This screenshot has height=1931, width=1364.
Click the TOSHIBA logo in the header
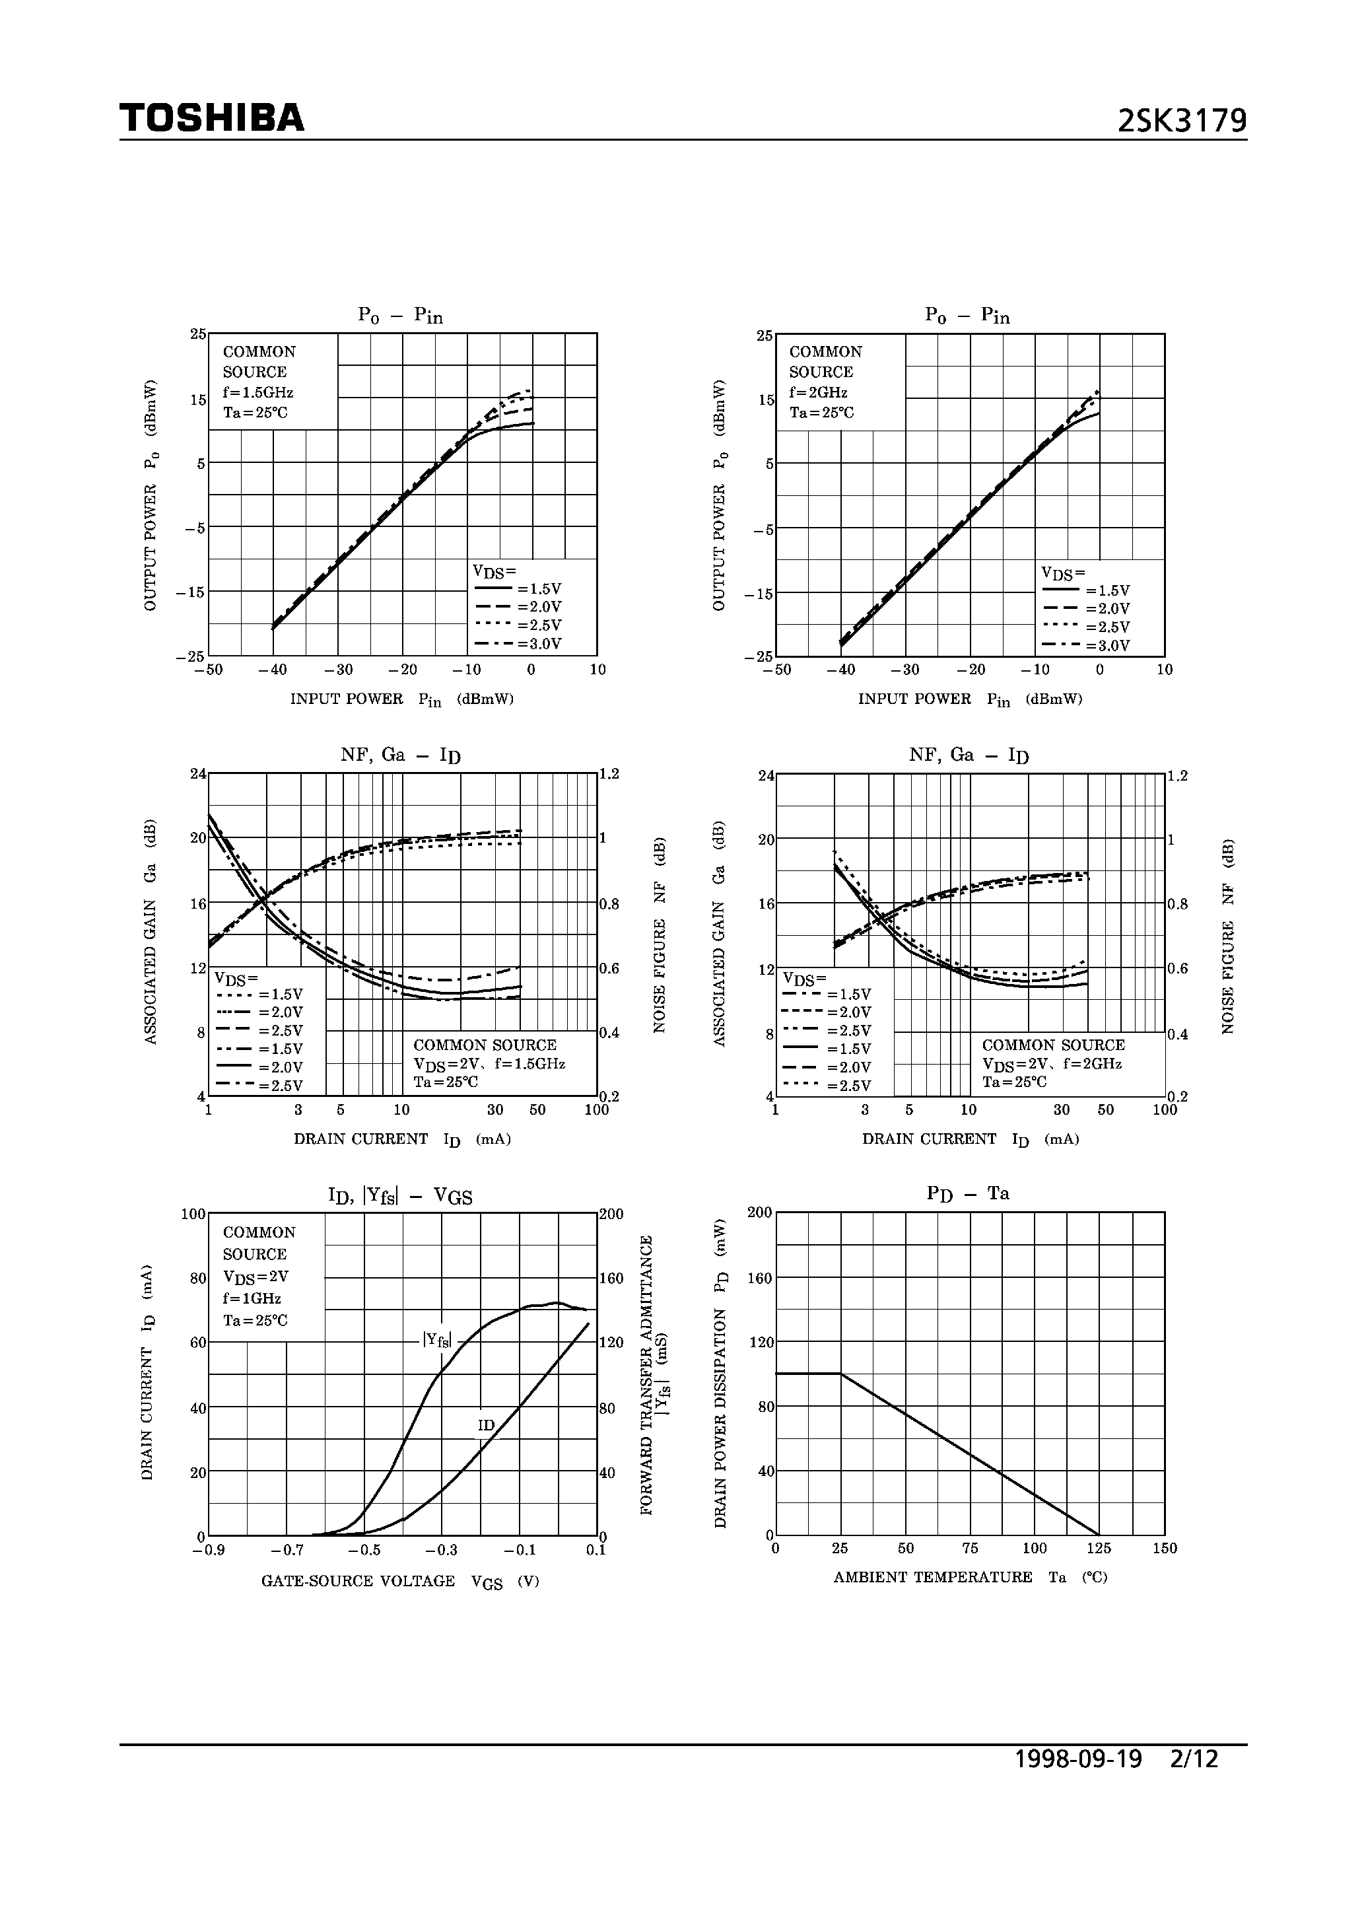pos(212,119)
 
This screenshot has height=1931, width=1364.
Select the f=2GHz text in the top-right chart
pos(818,393)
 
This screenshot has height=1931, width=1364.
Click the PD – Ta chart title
pos(968,1193)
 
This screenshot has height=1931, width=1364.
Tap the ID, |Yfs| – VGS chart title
pos(400,1196)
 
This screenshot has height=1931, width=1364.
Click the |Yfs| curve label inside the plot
pos(437,1341)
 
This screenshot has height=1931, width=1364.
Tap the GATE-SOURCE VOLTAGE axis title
pos(358,1581)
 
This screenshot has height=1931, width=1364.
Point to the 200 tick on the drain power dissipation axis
pos(759,1212)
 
